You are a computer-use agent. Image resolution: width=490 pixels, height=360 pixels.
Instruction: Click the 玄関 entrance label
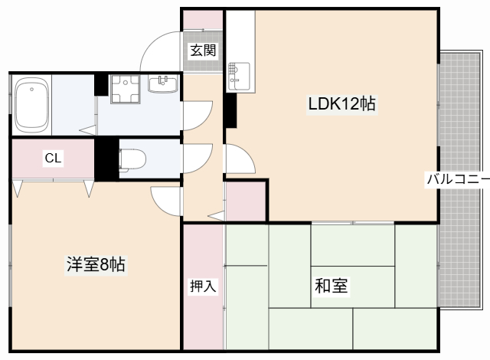pos(203,51)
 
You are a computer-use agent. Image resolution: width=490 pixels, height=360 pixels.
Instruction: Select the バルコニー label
pos(457,180)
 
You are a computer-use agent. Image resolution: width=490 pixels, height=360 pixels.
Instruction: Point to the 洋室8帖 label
pos(95,266)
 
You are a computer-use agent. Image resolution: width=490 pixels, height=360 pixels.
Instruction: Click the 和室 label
pos(331,286)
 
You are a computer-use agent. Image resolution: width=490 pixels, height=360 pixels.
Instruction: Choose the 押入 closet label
pos(203,286)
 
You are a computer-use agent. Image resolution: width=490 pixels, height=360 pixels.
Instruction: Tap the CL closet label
pos(53,159)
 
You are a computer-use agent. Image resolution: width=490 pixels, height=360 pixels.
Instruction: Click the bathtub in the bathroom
pos(32,106)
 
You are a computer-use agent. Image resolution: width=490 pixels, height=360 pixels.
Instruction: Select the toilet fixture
pos(132,159)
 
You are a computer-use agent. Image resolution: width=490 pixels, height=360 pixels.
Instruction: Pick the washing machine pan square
pos(122,89)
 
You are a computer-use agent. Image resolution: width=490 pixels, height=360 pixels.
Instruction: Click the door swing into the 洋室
pos(167,201)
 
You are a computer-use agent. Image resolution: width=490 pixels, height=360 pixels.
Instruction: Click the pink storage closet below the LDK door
pos(245,201)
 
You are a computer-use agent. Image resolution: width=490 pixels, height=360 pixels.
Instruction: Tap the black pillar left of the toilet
pos(103,159)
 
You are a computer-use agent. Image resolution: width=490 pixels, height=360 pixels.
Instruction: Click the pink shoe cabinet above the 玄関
pos(203,21)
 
